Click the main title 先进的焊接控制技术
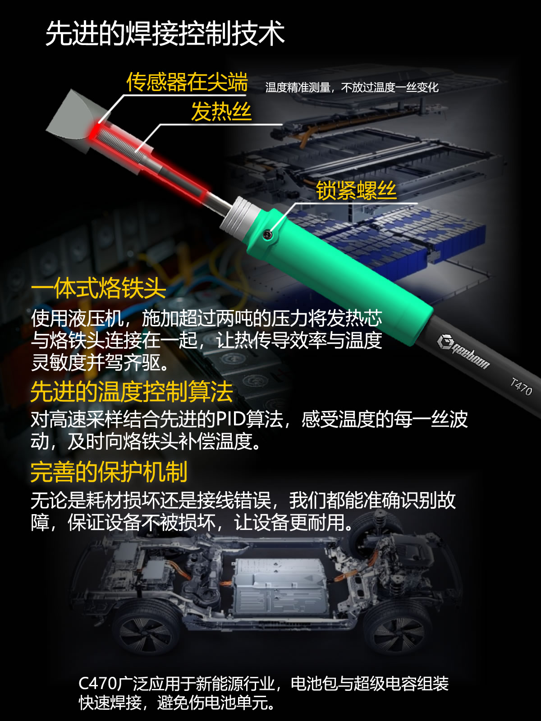[x=165, y=33]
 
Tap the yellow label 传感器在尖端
[x=187, y=82]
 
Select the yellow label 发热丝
[x=221, y=112]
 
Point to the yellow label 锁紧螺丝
[x=356, y=190]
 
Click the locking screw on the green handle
[x=267, y=234]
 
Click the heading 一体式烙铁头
[x=98, y=288]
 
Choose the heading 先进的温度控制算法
[x=132, y=392]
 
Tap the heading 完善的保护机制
[x=109, y=472]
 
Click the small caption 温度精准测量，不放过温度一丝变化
[x=352, y=87]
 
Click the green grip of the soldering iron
[x=338, y=276]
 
